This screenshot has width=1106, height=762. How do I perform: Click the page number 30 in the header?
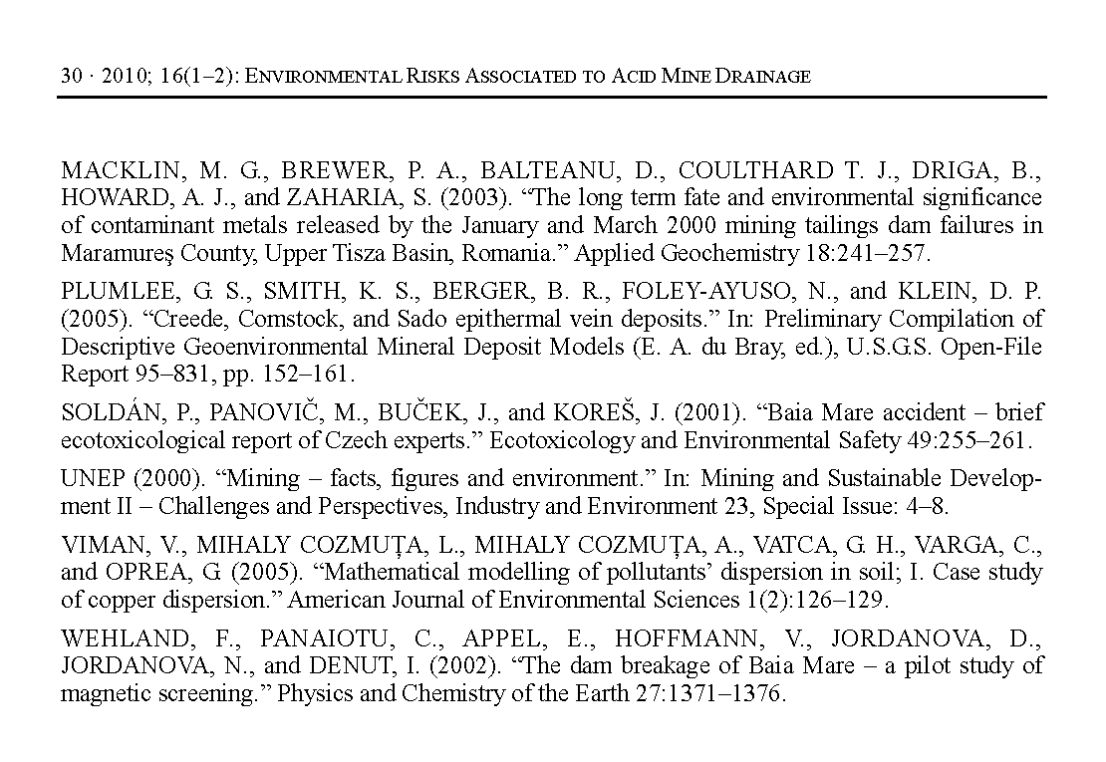[x=70, y=76]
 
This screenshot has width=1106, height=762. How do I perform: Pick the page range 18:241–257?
[x=866, y=253]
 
